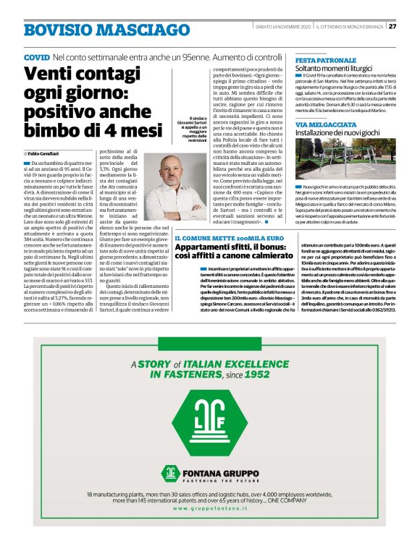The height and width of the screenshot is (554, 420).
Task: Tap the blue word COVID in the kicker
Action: pos(37,56)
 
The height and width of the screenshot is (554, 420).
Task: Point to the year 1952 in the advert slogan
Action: pos(255,375)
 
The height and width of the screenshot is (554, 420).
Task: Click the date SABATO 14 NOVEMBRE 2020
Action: pos(280,27)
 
